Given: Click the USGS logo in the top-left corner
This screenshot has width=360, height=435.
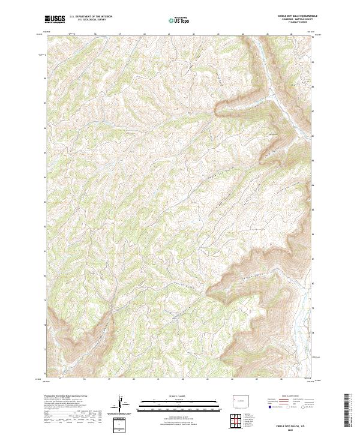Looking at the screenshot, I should pyautogui.click(x=55, y=19).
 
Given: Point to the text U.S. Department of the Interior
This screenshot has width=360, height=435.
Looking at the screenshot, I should pyautogui.click(x=91, y=16).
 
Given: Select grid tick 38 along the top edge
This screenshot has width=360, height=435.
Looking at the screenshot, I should pyautogui.click(x=96, y=34).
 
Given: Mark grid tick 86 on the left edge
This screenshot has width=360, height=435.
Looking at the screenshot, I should pyautogui.click(x=44, y=128).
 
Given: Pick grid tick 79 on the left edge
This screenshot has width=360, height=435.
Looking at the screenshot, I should pyautogui.click(x=44, y=299).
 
